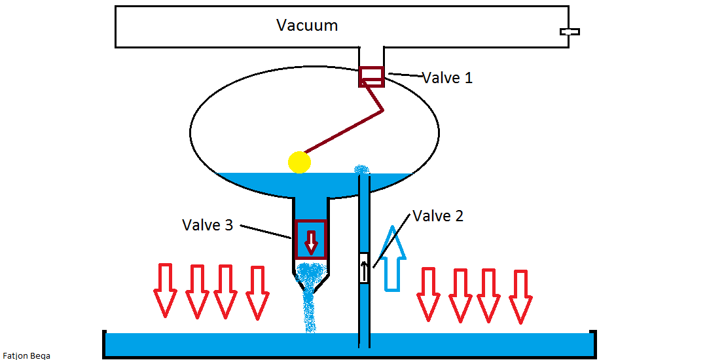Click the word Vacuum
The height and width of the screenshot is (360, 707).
click(307, 26)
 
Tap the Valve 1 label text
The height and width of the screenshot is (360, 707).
click(447, 78)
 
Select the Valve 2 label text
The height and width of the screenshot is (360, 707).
click(438, 216)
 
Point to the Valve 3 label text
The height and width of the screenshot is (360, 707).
click(208, 225)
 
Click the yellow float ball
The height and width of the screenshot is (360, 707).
click(299, 162)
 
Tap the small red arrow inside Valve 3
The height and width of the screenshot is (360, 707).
click(311, 242)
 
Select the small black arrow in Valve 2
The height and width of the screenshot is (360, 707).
click(364, 268)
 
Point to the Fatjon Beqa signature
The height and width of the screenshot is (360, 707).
click(26, 355)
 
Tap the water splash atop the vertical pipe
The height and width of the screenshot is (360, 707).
click(361, 170)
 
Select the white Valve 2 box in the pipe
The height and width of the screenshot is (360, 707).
click(364, 268)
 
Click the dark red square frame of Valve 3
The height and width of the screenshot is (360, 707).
click(311, 223)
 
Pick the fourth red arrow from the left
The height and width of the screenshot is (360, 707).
click(257, 291)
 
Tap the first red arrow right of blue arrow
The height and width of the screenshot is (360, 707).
click(429, 293)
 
